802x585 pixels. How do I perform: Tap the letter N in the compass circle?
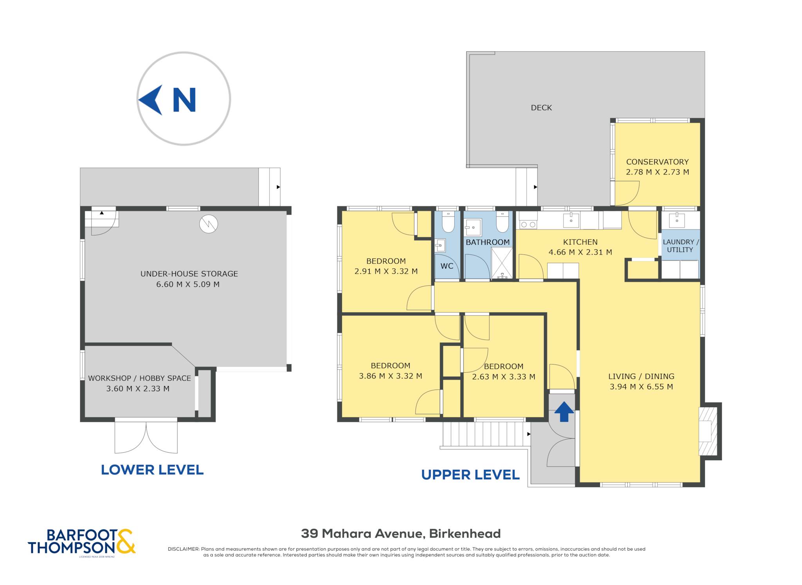pyautogui.click(x=184, y=100)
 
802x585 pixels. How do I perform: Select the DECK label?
pyautogui.click(x=541, y=108)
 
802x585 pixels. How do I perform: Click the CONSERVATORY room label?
pyautogui.click(x=657, y=162)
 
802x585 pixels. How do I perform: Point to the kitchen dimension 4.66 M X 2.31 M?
pyautogui.click(x=580, y=252)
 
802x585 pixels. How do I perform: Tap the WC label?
pyautogui.click(x=447, y=266)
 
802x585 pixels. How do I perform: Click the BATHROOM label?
pyautogui.click(x=488, y=242)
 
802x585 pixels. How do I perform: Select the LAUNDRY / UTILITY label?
pyautogui.click(x=681, y=246)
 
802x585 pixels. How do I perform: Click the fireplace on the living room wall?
pyautogui.click(x=708, y=431)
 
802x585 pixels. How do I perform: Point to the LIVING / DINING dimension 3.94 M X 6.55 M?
pyautogui.click(x=641, y=387)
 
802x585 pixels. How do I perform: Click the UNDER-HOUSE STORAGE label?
pyautogui.click(x=189, y=274)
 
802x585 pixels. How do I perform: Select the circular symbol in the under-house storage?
pyautogui.click(x=208, y=224)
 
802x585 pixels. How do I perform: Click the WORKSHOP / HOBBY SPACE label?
pyautogui.click(x=139, y=378)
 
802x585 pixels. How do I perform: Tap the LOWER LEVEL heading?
pyautogui.click(x=152, y=470)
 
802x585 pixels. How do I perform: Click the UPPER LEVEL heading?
pyautogui.click(x=470, y=475)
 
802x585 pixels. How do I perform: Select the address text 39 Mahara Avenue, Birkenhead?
pyautogui.click(x=401, y=533)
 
